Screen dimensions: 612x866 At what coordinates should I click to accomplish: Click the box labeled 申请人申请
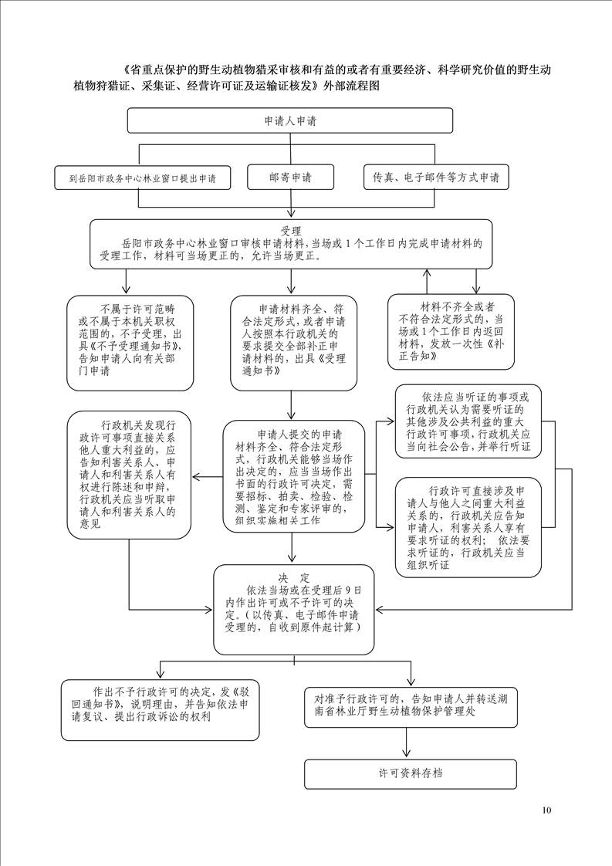point(290,120)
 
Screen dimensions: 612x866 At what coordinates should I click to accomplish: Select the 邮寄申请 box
point(290,178)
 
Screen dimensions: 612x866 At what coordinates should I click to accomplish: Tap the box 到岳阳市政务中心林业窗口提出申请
point(143,178)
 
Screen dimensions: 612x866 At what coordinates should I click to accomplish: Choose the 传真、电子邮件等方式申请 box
point(436,178)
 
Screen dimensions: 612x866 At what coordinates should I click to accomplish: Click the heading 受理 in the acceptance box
point(291,231)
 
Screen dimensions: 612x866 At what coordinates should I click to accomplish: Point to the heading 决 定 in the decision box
point(294,578)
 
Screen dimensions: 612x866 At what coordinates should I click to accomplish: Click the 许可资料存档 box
point(411,774)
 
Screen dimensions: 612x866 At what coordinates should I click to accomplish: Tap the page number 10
point(547,810)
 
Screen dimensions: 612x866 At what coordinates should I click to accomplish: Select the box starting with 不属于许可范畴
point(130,343)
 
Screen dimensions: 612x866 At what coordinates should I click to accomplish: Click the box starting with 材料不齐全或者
point(451,331)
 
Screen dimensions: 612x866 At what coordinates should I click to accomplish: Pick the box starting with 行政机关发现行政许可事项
point(129,475)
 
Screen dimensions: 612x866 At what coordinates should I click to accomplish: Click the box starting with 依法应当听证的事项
point(468,421)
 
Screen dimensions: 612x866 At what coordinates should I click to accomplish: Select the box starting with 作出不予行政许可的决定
point(160,709)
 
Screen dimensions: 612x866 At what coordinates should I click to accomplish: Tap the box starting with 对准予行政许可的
point(411,706)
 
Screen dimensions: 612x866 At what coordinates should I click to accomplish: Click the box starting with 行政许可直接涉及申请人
point(468,527)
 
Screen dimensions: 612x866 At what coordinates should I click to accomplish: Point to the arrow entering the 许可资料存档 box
point(407,743)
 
